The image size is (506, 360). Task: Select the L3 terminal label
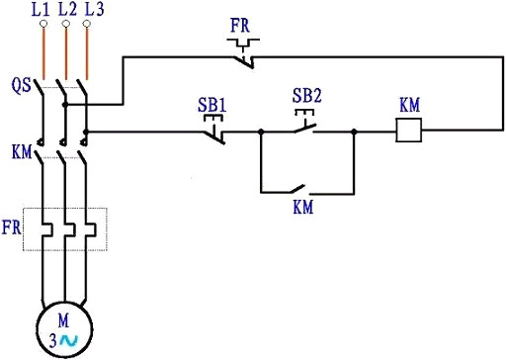(x=90, y=11)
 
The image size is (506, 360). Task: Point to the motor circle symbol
(x=64, y=327)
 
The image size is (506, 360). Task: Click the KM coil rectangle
(x=409, y=131)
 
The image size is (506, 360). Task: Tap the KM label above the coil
(x=409, y=105)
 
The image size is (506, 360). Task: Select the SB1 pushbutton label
(x=214, y=101)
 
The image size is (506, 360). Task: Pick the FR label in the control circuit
(x=240, y=22)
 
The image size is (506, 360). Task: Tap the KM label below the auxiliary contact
(x=304, y=209)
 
